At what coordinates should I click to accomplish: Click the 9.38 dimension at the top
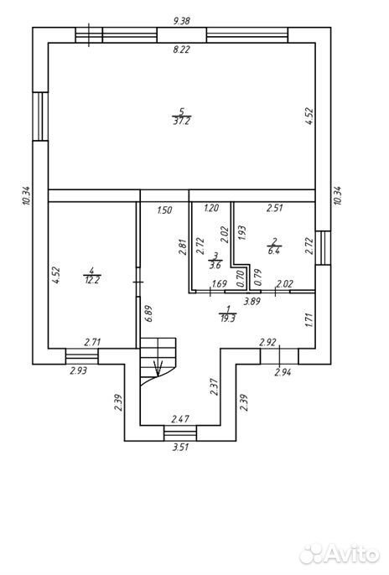coord(181,21)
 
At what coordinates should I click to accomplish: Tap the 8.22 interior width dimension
coord(181,49)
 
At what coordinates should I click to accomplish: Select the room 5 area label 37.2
coord(181,122)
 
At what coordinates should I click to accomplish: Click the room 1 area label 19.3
coord(228,319)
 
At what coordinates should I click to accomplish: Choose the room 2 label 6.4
coord(274,251)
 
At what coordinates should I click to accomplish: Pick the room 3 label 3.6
coord(215,265)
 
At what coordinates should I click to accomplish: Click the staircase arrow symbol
coord(158,368)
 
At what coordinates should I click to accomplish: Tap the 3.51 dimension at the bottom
coord(181,448)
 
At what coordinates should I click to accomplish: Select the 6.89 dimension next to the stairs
coord(148,314)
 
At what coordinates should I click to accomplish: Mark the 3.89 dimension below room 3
coord(252,302)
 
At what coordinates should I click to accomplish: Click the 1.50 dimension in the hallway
coord(164,210)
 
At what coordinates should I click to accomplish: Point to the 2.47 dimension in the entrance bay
coord(181,418)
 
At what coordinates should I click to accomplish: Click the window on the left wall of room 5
coord(40,117)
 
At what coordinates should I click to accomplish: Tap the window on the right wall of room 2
coord(323,247)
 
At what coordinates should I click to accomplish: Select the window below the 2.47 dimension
coord(180,433)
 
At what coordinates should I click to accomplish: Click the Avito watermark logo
coord(340,553)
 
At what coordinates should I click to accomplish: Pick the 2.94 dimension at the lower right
coord(283,372)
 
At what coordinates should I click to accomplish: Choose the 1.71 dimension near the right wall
coord(310,319)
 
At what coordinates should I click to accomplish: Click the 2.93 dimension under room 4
coord(79,370)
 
